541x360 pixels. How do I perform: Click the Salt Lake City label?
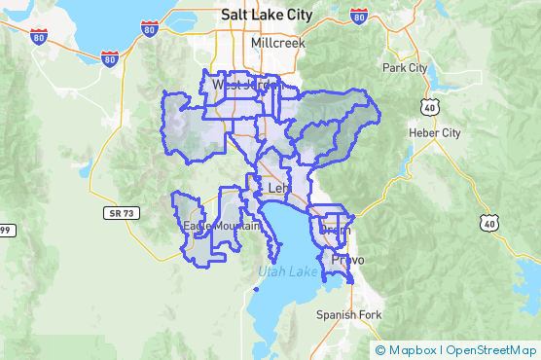coord(267,15)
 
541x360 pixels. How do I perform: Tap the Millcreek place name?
coord(277,44)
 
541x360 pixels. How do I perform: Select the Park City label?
coord(405,68)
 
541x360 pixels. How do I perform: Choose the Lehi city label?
coord(279,188)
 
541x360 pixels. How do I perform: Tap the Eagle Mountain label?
coord(222,227)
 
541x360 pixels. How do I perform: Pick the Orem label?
coord(334,231)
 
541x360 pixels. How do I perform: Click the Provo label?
coord(347,261)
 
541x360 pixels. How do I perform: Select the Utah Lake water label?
coord(287,271)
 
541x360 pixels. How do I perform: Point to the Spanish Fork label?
coord(349,314)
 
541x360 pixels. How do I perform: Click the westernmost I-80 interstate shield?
coord(39,38)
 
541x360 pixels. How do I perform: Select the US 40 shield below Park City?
coord(429,104)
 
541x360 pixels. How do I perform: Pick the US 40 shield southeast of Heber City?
coord(487,223)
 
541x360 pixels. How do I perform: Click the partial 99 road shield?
coord(5,230)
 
